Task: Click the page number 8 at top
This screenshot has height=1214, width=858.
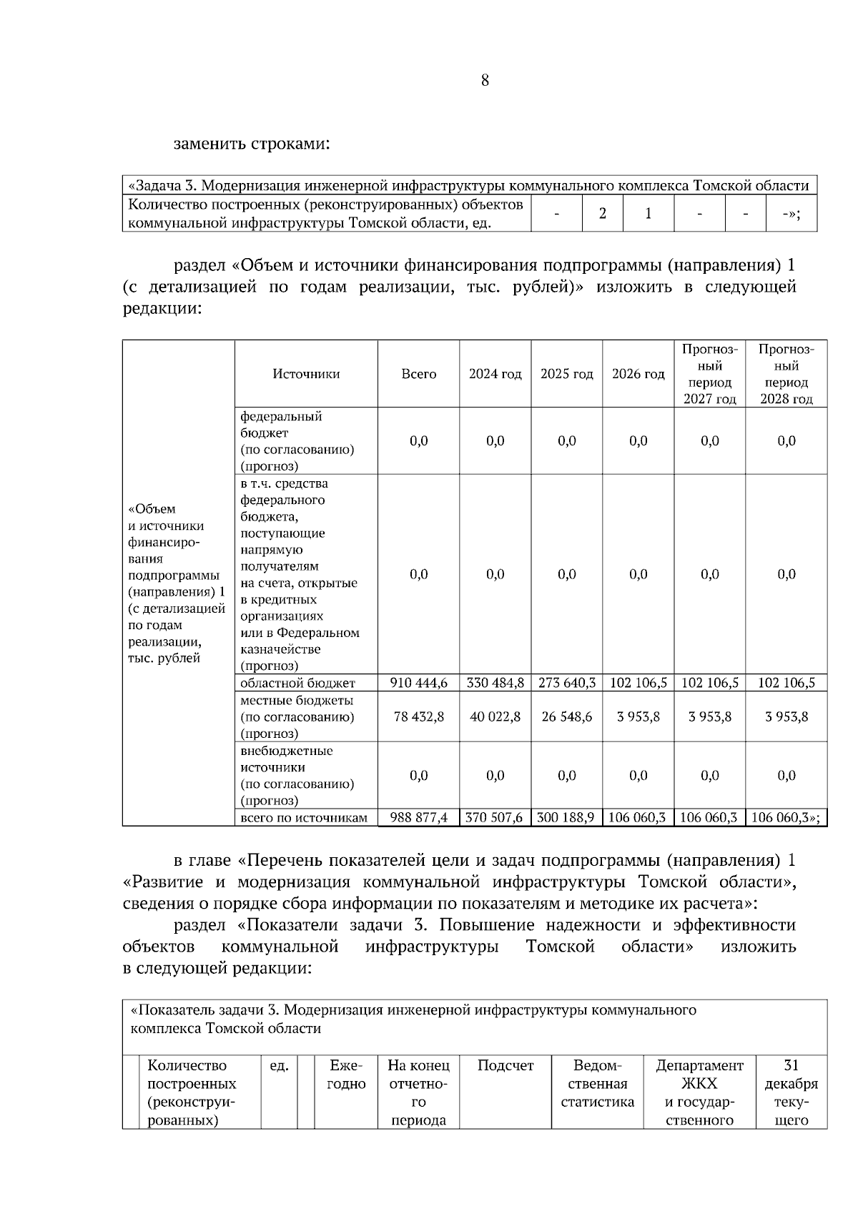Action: click(x=485, y=81)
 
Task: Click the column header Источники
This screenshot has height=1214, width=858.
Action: click(x=306, y=374)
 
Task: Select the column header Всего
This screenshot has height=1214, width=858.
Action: click(x=419, y=374)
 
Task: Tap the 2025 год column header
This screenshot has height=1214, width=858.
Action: click(x=566, y=374)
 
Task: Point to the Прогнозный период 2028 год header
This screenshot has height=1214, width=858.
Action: click(x=786, y=374)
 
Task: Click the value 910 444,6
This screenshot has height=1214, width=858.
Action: click(x=419, y=683)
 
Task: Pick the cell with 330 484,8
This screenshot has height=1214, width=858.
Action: click(x=495, y=683)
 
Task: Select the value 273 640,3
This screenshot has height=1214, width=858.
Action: click(x=566, y=683)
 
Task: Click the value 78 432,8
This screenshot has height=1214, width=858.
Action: click(x=419, y=716)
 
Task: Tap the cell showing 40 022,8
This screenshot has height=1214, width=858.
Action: click(x=495, y=716)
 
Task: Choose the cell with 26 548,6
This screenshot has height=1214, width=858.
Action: click(x=566, y=716)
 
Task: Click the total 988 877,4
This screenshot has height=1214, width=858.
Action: click(x=419, y=818)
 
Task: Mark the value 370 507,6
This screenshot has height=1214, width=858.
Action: click(x=495, y=818)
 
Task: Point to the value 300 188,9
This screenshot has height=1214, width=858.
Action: click(x=566, y=818)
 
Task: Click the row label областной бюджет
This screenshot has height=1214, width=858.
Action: click(x=297, y=683)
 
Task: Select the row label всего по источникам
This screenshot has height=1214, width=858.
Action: click(x=304, y=818)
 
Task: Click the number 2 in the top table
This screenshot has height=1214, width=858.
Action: click(x=603, y=213)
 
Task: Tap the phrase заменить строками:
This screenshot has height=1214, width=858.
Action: click(x=252, y=144)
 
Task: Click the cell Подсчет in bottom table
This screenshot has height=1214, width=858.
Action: click(x=506, y=1066)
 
